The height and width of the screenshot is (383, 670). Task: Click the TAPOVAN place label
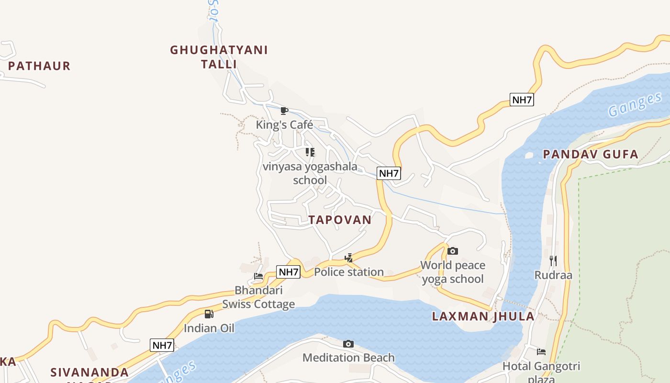[x=340, y=220]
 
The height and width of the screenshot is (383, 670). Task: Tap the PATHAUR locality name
[x=39, y=66]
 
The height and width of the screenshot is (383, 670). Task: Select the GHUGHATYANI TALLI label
[x=219, y=56]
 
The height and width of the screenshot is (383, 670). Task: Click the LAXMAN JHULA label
[x=483, y=316]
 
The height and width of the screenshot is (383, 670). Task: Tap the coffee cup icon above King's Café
[x=284, y=111]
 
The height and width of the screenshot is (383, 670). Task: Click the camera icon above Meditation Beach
[x=348, y=344]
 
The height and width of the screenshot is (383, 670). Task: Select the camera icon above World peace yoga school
[x=452, y=251]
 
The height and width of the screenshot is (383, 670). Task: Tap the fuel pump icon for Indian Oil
[x=209, y=314]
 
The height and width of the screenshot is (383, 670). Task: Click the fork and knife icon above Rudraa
[x=553, y=260]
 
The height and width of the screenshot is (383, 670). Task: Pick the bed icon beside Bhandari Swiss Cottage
[x=258, y=276]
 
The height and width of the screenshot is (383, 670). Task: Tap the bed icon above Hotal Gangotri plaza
[x=541, y=352]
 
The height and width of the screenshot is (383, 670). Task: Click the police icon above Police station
[x=349, y=258]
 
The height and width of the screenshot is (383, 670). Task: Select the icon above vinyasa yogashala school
[x=310, y=152]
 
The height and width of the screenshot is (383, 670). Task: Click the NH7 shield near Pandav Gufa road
[x=522, y=100]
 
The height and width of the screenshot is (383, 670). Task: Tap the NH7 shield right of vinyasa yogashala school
[x=389, y=173]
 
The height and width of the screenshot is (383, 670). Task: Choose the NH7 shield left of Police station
[x=289, y=272]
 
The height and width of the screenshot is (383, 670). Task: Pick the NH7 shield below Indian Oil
[x=162, y=345]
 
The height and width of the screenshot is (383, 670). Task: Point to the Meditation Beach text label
[x=348, y=358]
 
